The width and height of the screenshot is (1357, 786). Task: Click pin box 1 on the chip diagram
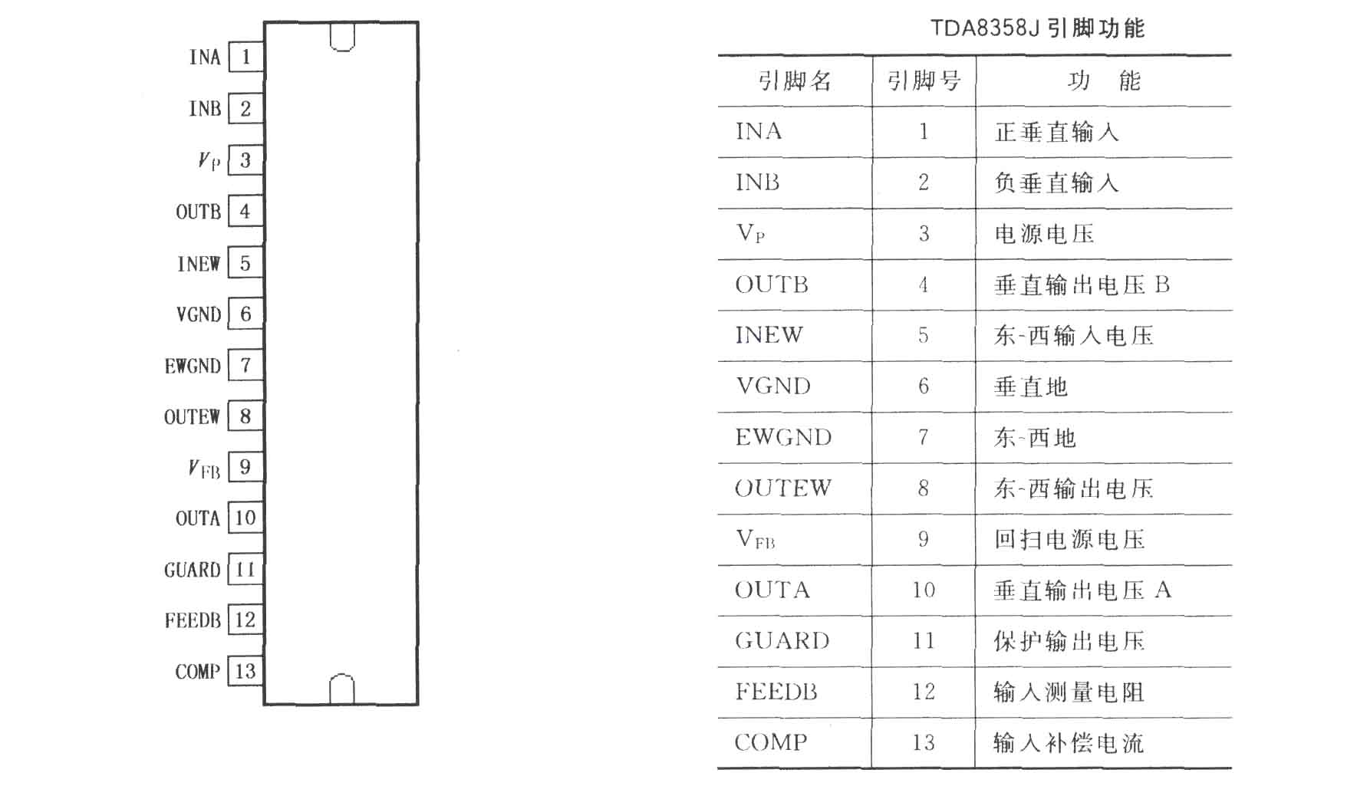[246, 57]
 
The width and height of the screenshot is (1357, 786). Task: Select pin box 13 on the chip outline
[246, 672]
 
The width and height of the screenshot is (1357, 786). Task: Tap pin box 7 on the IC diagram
[246, 365]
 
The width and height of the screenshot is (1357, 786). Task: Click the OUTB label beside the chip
[199, 212]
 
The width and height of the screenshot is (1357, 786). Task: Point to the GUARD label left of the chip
[193, 570]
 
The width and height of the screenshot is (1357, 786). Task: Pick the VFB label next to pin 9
[204, 468]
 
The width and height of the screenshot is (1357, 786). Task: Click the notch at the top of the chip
[342, 38]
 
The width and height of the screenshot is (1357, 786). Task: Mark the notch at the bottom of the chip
[342, 689]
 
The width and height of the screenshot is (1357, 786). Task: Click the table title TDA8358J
[985, 28]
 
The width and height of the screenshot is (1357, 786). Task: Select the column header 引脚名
[795, 81]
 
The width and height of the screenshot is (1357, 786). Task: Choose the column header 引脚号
[924, 81]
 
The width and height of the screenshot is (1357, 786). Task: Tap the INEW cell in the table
[769, 335]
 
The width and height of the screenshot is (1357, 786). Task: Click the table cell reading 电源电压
[1044, 233]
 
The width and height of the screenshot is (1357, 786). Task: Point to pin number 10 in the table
[924, 590]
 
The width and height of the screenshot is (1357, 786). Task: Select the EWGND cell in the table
[783, 437]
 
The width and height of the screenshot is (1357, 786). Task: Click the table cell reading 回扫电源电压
[1069, 539]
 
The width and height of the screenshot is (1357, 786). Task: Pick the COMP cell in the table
[771, 742]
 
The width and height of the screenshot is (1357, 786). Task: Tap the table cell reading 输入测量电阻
[1069, 692]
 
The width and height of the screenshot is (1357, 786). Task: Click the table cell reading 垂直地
[1031, 386]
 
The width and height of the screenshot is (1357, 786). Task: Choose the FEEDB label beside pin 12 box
[193, 620]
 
